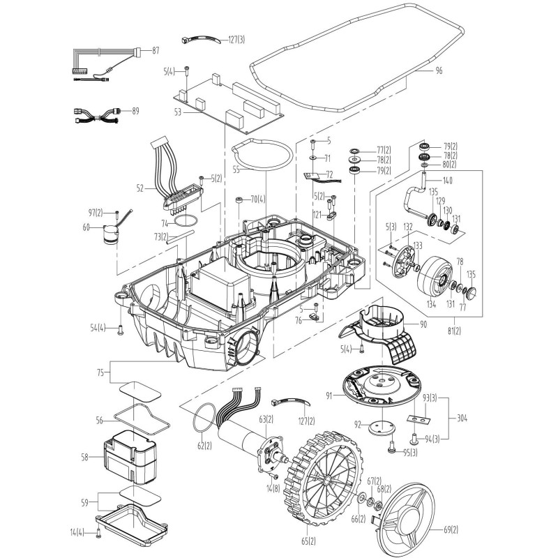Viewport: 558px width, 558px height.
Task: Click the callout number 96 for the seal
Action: pos(439,70)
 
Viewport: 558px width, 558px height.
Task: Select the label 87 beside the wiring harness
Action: pos(155,50)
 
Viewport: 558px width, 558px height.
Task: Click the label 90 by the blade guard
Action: pos(423,325)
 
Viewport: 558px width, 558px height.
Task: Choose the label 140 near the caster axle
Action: pos(447,181)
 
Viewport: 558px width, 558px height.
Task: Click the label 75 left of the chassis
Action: pos(103,372)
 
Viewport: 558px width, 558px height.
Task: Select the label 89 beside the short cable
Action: pos(135,111)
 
